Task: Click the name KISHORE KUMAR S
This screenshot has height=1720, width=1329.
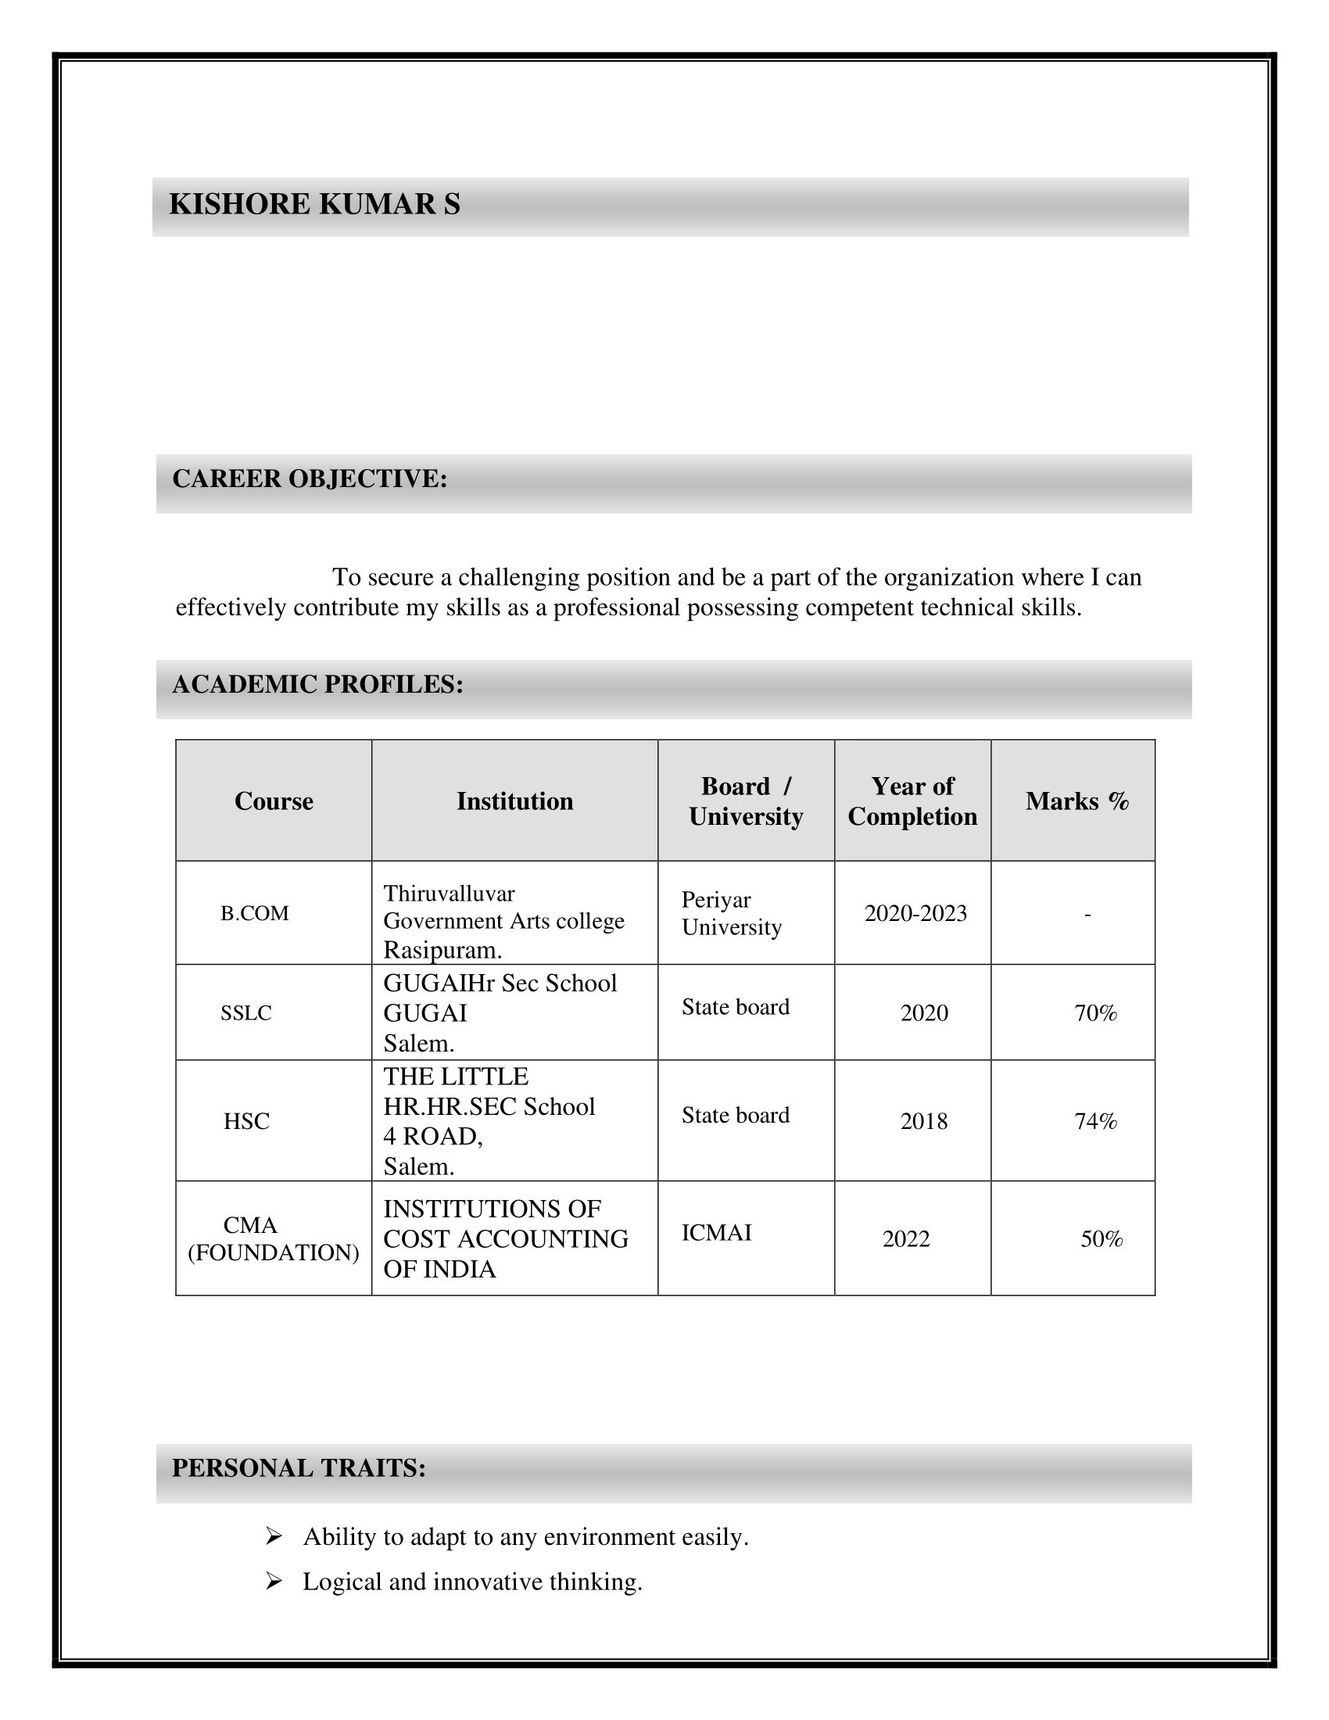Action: pyautogui.click(x=314, y=204)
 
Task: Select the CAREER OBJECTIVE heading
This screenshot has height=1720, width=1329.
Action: pyautogui.click(x=310, y=478)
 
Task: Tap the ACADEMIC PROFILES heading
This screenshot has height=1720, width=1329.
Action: pyautogui.click(x=317, y=683)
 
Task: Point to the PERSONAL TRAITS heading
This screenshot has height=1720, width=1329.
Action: pyautogui.click(x=299, y=1468)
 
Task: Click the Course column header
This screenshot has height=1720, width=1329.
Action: pyautogui.click(x=273, y=801)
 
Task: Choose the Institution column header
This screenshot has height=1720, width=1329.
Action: pyautogui.click(x=514, y=801)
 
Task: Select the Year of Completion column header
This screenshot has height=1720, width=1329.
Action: pyautogui.click(x=912, y=801)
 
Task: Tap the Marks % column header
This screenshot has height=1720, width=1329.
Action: pyautogui.click(x=1076, y=801)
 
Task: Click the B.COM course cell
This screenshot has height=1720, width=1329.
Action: pyautogui.click(x=254, y=912)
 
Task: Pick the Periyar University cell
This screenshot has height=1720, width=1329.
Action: pyautogui.click(x=732, y=912)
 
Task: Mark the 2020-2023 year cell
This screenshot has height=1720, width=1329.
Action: pyautogui.click(x=915, y=912)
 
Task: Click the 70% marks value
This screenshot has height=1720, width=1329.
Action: pyautogui.click(x=1095, y=1012)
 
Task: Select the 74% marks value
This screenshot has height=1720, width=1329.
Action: pyautogui.click(x=1095, y=1120)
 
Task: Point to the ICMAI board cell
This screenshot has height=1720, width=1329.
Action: pyautogui.click(x=716, y=1232)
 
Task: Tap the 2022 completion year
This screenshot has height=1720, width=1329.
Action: pyautogui.click(x=905, y=1239)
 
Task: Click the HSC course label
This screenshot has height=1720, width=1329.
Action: pyautogui.click(x=246, y=1120)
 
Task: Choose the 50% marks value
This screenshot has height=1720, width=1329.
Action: pyautogui.click(x=1102, y=1239)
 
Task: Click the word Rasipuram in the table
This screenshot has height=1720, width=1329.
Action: pyautogui.click(x=442, y=950)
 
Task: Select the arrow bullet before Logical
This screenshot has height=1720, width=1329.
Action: pyautogui.click(x=274, y=1581)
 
